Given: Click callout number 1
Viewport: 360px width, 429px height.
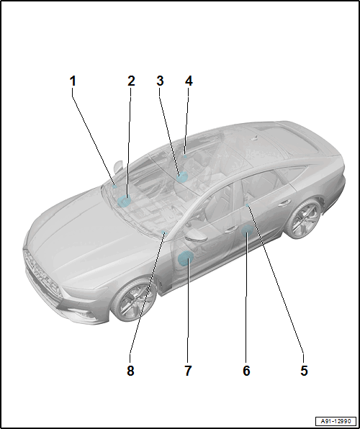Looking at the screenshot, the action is pos(73,81).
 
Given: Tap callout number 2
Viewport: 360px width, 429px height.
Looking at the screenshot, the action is pos(131,81).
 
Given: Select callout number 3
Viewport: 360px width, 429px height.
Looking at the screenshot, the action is pos(160,81).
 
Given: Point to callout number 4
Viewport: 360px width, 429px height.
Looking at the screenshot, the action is pos(189,81).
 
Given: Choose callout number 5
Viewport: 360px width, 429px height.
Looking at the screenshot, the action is pos(304,371).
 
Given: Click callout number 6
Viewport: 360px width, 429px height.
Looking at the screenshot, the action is pos(246,371).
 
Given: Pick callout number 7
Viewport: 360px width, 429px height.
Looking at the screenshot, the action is pos(188,371).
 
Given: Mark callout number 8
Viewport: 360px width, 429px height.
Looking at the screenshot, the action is pos(130,371).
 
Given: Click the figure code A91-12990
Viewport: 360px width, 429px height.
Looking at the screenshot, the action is pos(336,421).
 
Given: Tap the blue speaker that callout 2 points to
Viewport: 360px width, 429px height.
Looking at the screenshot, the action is pos(124,202).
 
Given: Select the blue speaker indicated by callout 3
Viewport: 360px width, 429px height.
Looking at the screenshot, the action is pos(181,178).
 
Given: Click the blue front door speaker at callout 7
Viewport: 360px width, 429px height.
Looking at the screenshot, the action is pos(185,258).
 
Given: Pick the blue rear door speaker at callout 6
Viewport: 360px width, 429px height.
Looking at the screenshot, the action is pos(246,232).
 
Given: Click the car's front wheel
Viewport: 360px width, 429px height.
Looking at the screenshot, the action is pos(134,300).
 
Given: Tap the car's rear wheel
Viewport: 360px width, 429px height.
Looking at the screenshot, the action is pos(304,219).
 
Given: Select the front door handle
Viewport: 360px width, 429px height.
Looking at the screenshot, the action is pos(230,230).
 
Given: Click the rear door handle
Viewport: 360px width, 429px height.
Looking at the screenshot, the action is pos(284,203).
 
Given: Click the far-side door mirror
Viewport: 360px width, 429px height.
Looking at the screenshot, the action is pos(118,166).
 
